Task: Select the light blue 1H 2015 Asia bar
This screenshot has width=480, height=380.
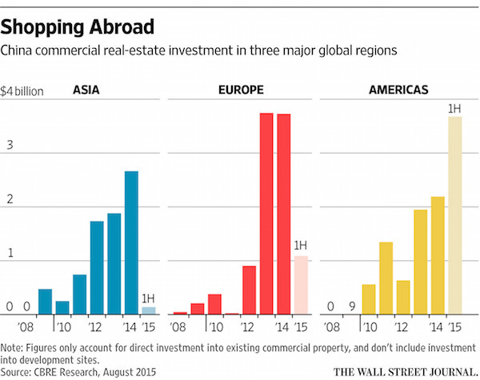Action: (x=149, y=310)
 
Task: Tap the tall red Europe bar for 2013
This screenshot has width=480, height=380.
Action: (x=266, y=214)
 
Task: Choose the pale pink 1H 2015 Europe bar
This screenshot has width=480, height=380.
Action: (x=301, y=285)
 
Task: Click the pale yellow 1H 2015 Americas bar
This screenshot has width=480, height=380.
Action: (x=454, y=215)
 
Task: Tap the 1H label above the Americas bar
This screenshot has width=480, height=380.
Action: (x=454, y=108)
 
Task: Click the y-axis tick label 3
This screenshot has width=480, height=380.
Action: (x=11, y=148)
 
